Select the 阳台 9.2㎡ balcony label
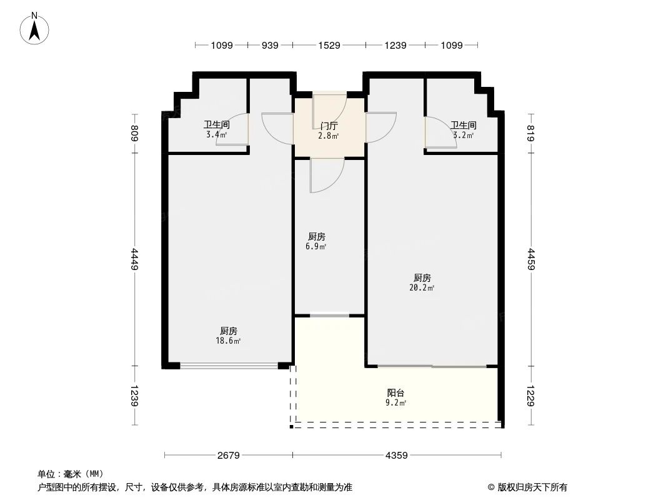pos(396,397)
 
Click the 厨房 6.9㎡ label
pos(317,241)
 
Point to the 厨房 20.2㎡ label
pos(422,282)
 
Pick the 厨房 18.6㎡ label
pos(229,336)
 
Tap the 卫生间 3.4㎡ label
pos(216,129)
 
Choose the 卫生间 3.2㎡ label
pos(464,129)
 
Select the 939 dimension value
pos(270,45)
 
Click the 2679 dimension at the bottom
pos(229,456)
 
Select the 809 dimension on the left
pos(134,134)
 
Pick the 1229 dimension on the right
pos(532,396)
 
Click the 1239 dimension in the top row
pos(395,45)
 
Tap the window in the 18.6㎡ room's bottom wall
pos(229,366)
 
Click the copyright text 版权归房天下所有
pos(532,487)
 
